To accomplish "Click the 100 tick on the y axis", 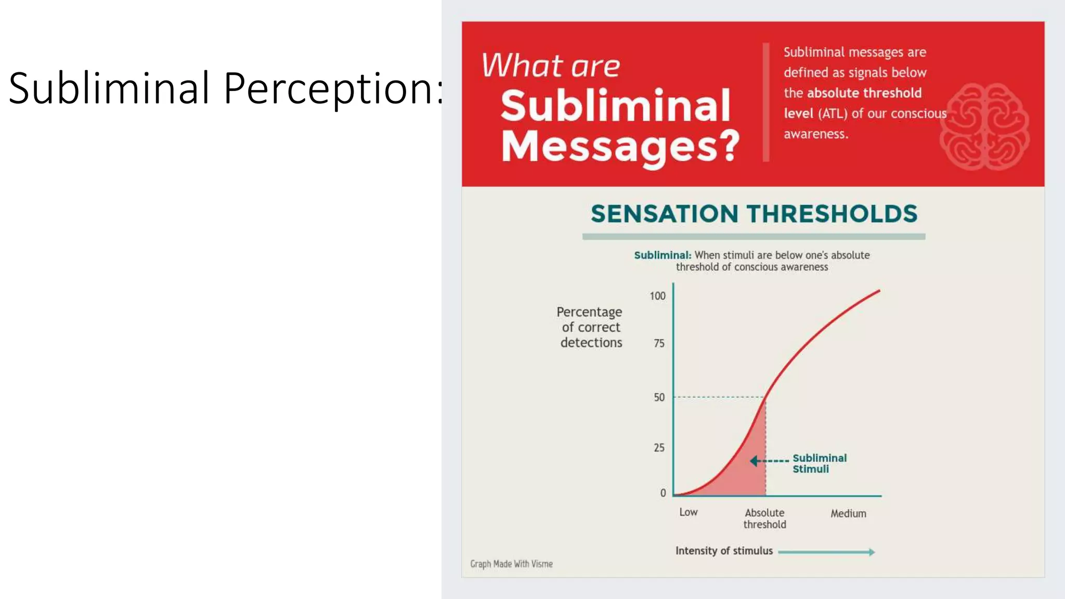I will click(657, 296).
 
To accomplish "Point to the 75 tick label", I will click(659, 343).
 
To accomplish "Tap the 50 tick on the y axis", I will click(659, 397).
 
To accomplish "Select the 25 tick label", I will click(659, 448).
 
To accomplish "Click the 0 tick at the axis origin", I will click(663, 493).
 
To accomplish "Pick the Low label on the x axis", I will click(688, 512).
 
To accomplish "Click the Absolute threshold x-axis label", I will click(764, 518).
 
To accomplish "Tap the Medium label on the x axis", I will click(848, 514).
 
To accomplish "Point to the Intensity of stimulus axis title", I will click(724, 551).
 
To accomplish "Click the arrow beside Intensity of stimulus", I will click(826, 552).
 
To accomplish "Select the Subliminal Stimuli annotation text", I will click(819, 463).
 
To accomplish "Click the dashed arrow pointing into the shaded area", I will click(770, 461).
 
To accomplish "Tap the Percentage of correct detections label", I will click(590, 327).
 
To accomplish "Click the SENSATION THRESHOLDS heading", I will click(754, 214).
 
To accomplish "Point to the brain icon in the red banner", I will click(984, 126).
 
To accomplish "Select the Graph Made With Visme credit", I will click(511, 564).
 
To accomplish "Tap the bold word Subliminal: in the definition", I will click(663, 255).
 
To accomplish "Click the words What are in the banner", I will click(551, 66).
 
